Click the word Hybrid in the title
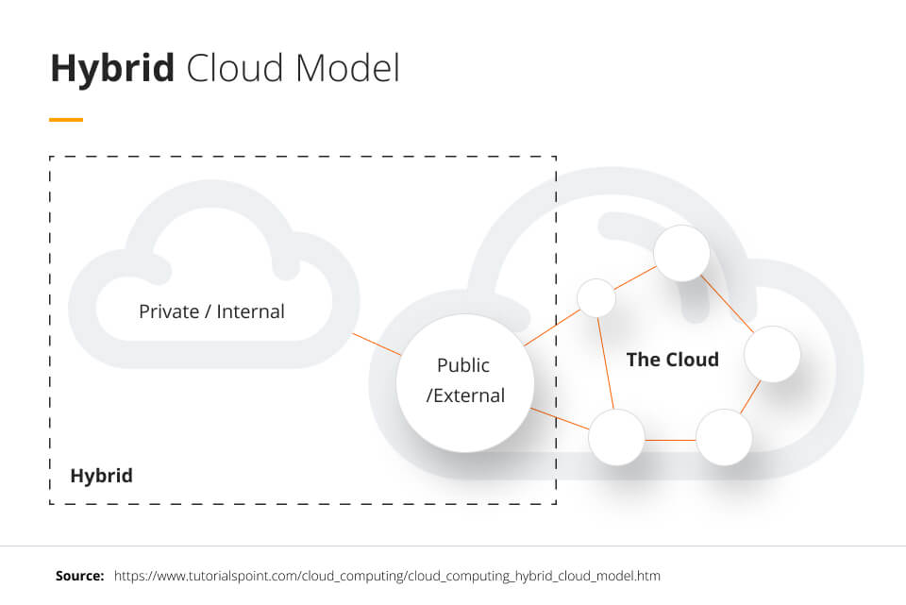[x=112, y=69]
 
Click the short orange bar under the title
[x=66, y=120]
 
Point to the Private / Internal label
[x=211, y=311]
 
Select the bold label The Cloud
[x=672, y=359]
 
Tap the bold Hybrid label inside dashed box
[x=101, y=475]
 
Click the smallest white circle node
[x=596, y=298]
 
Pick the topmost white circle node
[x=681, y=253]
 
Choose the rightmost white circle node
[x=772, y=354]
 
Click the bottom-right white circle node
[x=724, y=437]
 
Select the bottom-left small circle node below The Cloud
[x=616, y=437]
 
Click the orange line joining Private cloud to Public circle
[x=376, y=344]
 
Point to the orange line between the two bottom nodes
[x=670, y=438]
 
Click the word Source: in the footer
[x=79, y=575]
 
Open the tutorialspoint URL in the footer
[x=387, y=575]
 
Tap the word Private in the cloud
[x=168, y=311]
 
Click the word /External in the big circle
[x=465, y=395]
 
